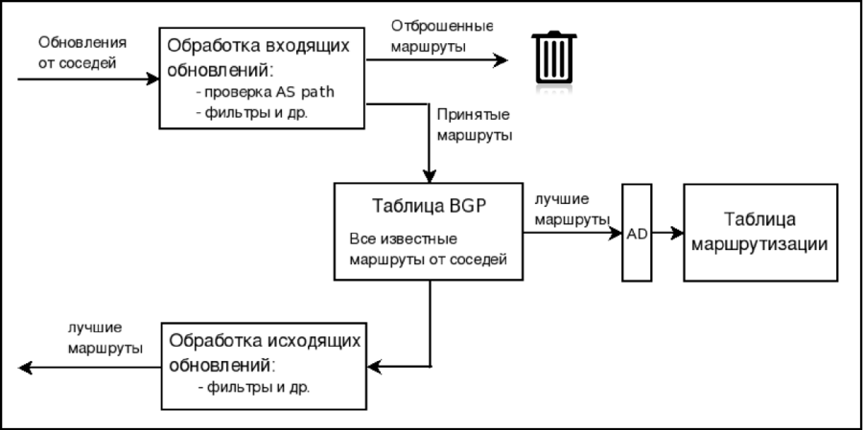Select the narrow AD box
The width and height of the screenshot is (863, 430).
636,233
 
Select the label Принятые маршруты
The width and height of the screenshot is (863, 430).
475,124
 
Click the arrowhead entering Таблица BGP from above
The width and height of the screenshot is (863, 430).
431,176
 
